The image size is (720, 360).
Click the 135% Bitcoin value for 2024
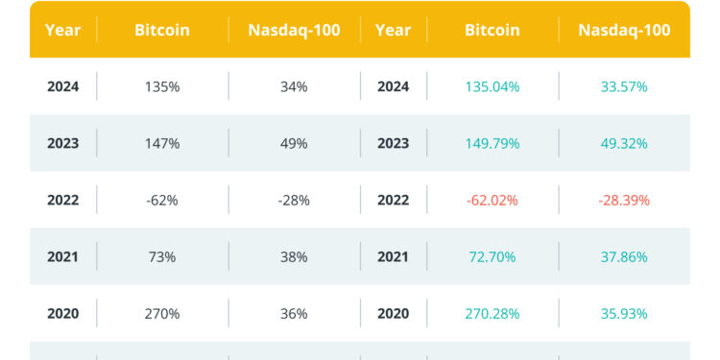(x=162, y=87)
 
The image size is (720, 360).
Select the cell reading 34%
(x=294, y=87)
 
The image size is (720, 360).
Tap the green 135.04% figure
(x=492, y=87)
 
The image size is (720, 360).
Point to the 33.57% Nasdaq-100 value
(x=624, y=87)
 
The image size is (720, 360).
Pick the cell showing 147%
(x=162, y=144)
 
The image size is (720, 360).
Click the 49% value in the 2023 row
(x=294, y=144)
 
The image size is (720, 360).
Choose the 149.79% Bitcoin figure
(x=492, y=144)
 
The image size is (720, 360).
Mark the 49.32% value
(x=624, y=144)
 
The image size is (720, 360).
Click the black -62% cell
(x=162, y=201)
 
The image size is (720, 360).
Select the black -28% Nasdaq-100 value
(x=294, y=201)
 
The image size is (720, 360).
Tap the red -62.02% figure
(x=492, y=201)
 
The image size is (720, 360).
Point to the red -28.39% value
(x=624, y=201)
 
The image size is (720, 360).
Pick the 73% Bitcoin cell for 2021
(x=162, y=257)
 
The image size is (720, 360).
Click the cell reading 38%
(x=294, y=257)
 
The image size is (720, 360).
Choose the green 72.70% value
(x=492, y=257)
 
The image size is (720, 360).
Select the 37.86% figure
(x=624, y=257)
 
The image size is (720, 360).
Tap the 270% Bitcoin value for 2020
(x=162, y=314)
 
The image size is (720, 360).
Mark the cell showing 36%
(x=294, y=314)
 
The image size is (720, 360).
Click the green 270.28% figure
(x=492, y=314)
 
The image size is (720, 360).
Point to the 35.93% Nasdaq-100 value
(x=624, y=314)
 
